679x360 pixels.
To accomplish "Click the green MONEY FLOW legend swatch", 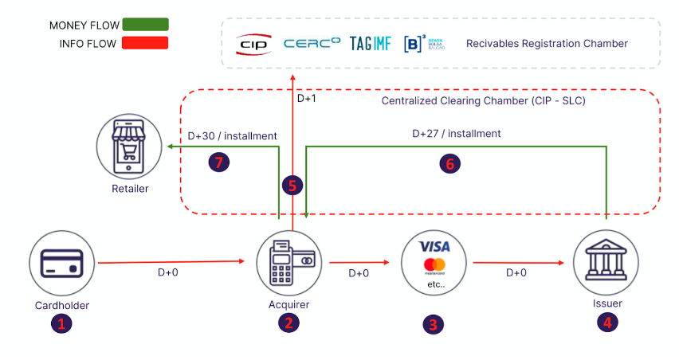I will coord(145,25).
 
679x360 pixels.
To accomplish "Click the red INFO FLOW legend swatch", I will coord(145,43).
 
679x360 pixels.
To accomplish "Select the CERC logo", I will coord(312,43).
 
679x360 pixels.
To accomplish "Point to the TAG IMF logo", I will coord(371,43).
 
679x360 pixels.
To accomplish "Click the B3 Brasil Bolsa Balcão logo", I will coord(423,43).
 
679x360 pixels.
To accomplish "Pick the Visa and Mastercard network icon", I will coord(434,264).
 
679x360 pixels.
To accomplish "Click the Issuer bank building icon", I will coord(606,263).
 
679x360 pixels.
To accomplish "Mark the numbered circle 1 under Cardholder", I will coord(61,323).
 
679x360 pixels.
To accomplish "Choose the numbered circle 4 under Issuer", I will coord(607,323).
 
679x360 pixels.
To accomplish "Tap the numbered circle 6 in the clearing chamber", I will coord(451,164).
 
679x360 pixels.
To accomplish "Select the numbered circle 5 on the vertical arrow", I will coord(292,186).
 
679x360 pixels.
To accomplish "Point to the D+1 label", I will coord(308,100).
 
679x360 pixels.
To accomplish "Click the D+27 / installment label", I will coord(456,134).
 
